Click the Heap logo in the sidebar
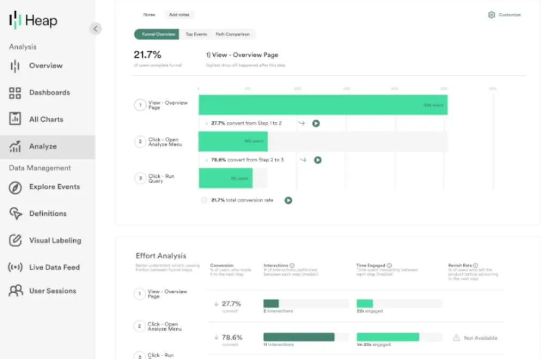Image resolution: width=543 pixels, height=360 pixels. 33,21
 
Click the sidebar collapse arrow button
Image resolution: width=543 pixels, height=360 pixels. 96,29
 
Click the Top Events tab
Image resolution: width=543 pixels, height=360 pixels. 196,34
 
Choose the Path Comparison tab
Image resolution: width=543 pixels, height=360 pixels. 232,34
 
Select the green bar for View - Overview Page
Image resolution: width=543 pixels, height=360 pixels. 323,105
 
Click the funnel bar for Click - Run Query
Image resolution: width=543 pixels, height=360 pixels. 226,178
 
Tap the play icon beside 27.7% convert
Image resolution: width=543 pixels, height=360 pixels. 316,123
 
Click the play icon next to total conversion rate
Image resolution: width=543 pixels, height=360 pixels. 289,200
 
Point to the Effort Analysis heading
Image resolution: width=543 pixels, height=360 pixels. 161,256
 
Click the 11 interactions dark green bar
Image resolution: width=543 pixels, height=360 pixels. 299,337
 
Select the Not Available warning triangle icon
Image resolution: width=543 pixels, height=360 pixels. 456,338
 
